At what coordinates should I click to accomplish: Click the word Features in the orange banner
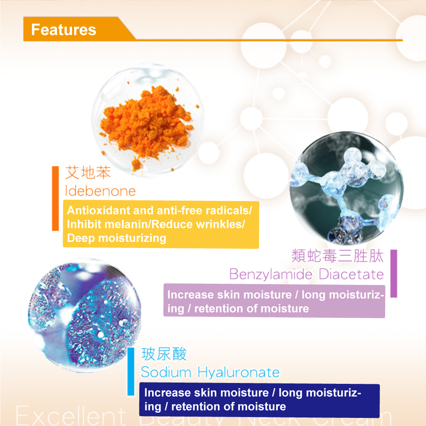[x=63, y=29]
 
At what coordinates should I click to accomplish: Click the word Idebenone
[x=100, y=191]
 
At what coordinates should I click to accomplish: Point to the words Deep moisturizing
[x=117, y=238]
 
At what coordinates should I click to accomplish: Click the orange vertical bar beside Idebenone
[x=55, y=199]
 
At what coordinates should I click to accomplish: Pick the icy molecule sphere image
[x=346, y=188]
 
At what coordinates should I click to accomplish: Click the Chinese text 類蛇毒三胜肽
[x=337, y=256]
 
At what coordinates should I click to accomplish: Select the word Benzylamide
[x=271, y=274]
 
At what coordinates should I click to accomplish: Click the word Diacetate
[x=351, y=274]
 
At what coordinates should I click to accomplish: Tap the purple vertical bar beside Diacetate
[x=394, y=273]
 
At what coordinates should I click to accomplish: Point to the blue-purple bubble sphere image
[x=84, y=315]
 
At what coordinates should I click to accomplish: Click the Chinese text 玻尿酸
[x=164, y=354]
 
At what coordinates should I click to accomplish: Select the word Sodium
[x=166, y=372]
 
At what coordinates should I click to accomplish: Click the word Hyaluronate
[x=239, y=372]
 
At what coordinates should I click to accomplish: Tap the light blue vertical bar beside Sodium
[x=131, y=371]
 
